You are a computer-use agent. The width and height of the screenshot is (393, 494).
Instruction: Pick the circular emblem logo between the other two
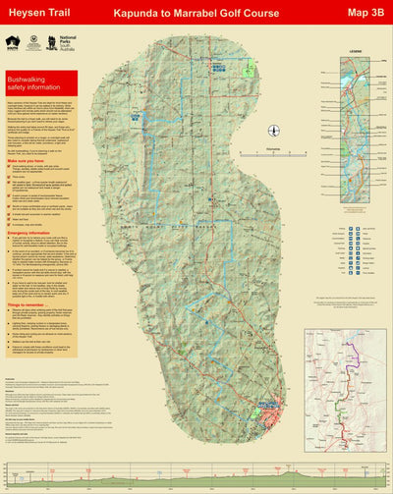click(x=40, y=43)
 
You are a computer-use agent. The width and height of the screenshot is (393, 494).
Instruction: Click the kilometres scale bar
click(x=235, y=183)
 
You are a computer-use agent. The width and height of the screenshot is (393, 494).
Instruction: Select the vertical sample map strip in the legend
click(x=354, y=108)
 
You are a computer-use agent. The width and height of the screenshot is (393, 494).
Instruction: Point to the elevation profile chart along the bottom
click(x=196, y=475)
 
